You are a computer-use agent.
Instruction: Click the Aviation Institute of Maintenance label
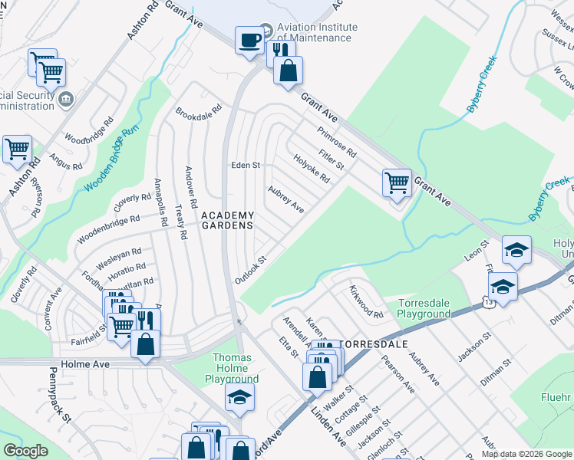coord(314,32)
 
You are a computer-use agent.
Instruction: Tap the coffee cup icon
coord(249,40)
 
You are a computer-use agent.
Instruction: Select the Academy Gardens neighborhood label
coord(227,220)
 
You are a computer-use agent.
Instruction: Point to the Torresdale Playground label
coord(424,308)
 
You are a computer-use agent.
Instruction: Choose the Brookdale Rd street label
coord(198,110)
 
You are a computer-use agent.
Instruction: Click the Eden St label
coord(246,165)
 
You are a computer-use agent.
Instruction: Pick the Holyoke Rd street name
coord(311,168)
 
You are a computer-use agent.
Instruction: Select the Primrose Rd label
coord(337,141)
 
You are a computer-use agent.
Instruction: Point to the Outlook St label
coord(250,270)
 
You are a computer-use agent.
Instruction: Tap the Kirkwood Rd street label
coord(365,303)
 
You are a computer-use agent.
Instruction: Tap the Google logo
coord(25,451)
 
